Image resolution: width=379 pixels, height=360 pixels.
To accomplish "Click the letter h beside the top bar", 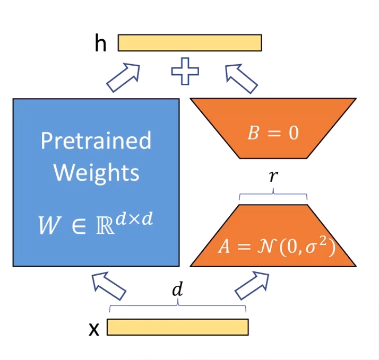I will [x=101, y=44].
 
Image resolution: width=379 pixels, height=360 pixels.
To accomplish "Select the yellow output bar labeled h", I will [x=189, y=43].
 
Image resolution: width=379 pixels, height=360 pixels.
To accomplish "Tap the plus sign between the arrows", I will [x=185, y=72].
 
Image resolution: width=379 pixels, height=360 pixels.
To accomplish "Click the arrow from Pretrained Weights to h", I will [x=124, y=77].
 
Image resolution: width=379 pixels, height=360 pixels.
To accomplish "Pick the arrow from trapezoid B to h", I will [x=241, y=77].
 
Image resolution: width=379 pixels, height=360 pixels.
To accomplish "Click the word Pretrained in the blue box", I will [x=96, y=141].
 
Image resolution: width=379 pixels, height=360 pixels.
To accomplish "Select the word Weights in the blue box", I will [x=97, y=173].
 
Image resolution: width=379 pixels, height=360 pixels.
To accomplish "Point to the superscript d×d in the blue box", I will [x=135, y=219].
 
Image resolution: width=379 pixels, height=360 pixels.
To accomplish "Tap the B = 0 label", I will [x=273, y=133].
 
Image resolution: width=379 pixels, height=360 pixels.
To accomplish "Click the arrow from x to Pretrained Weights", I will [x=109, y=286].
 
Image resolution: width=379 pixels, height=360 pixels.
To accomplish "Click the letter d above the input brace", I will [x=177, y=290].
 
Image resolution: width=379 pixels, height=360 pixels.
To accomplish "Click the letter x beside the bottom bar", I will [x=94, y=330].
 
